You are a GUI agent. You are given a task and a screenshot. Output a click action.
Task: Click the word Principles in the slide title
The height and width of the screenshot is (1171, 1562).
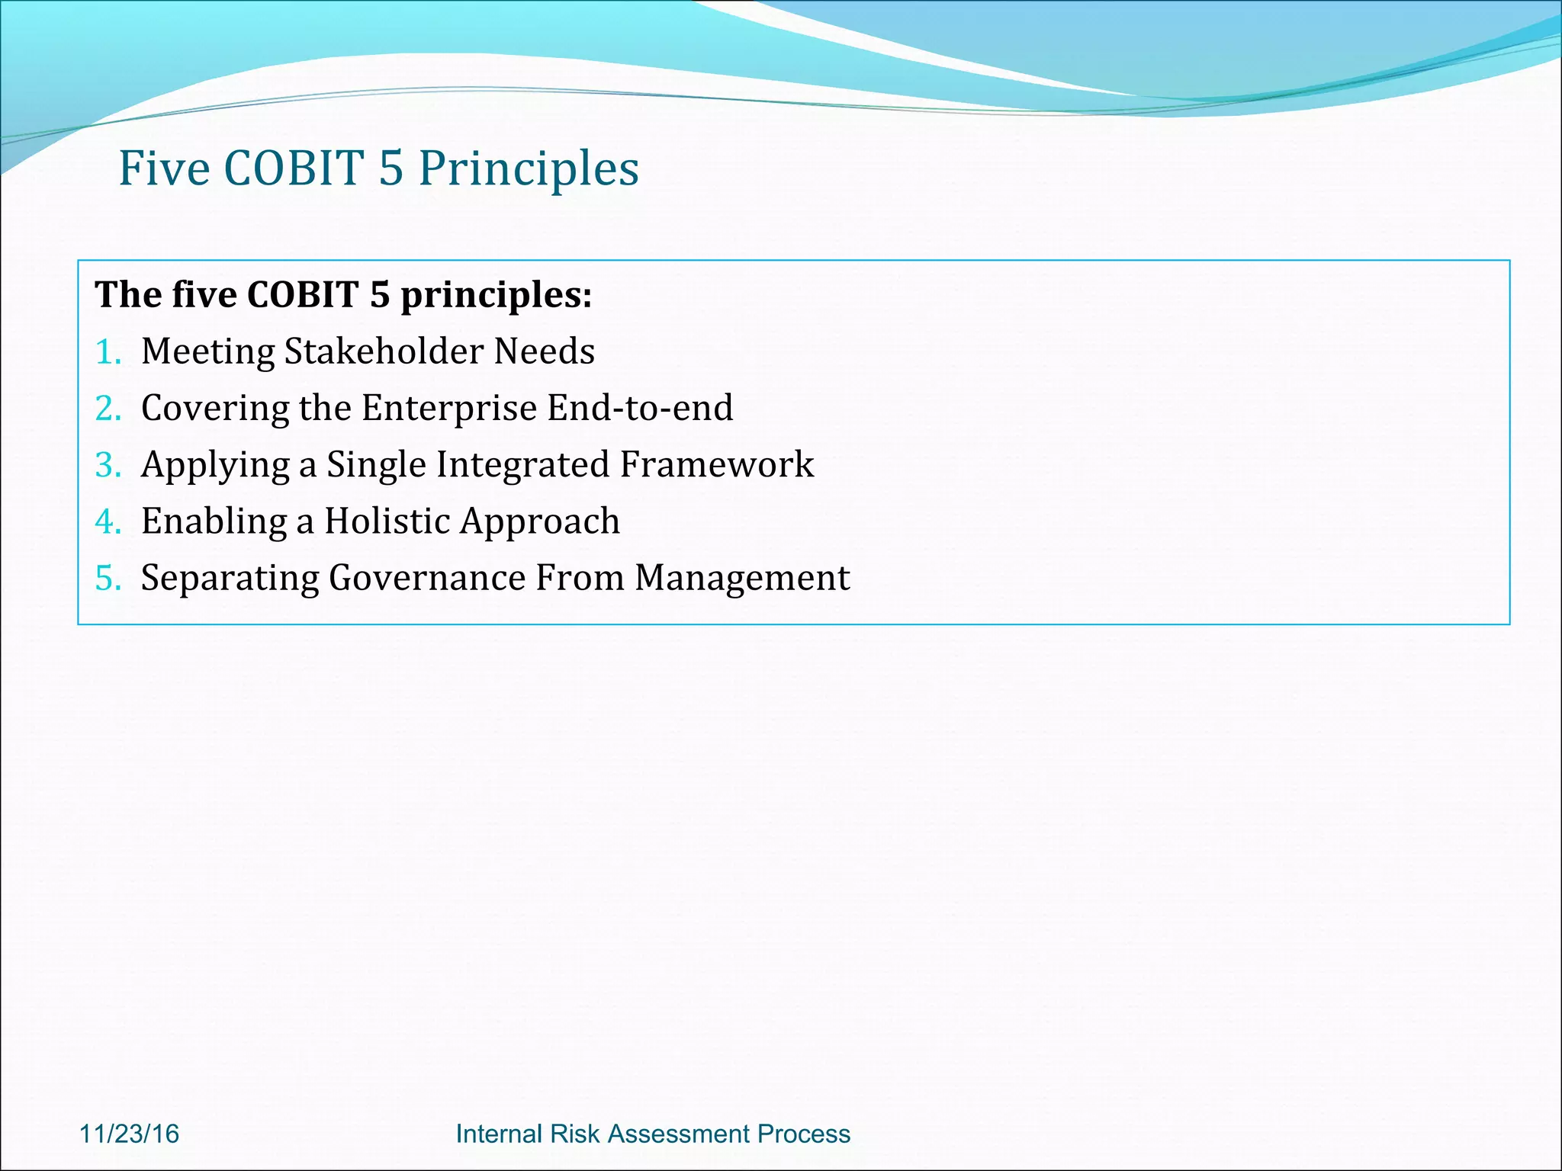coord(529,169)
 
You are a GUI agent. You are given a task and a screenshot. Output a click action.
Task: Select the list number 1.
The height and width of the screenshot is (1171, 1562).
coord(107,352)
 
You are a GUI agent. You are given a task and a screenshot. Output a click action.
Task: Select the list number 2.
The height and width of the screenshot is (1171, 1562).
coord(107,409)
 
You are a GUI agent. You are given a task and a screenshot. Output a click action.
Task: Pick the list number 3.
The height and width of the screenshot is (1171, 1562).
coord(107,465)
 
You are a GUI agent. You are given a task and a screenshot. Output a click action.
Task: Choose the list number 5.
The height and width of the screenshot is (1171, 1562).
coord(107,578)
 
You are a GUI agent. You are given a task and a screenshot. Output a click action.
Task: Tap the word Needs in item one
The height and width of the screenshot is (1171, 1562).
coord(545,351)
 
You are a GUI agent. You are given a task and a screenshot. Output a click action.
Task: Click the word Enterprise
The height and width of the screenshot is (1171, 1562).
coord(449,408)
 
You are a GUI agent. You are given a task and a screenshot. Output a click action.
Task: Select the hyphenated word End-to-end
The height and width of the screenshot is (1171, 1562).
coord(640,408)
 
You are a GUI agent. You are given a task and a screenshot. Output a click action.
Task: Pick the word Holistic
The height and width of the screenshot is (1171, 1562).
coord(387,521)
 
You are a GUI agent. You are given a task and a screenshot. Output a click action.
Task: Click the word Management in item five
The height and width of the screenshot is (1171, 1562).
coord(742,578)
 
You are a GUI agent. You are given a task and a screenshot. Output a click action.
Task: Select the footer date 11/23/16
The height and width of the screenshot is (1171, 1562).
coord(129,1134)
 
